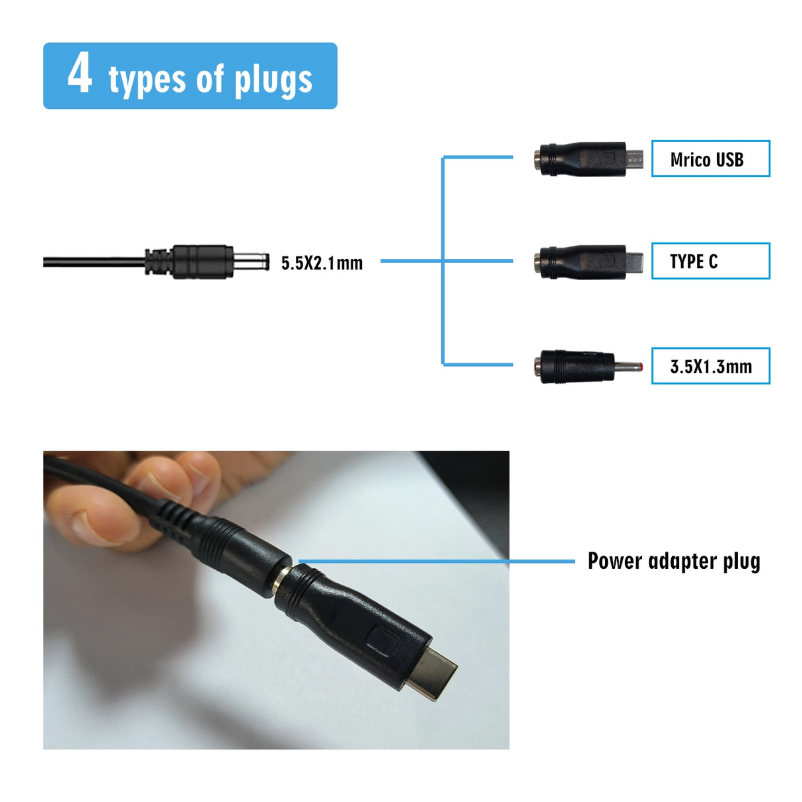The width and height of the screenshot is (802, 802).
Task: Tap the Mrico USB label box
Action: click(x=710, y=159)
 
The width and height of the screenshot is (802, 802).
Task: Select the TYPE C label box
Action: click(x=710, y=261)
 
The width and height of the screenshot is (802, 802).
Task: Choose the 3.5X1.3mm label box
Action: click(x=710, y=366)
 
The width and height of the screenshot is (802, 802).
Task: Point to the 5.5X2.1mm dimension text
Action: click(x=322, y=263)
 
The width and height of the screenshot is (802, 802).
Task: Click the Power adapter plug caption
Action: click(x=674, y=561)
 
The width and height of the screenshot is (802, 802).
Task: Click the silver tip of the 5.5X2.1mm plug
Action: click(x=251, y=262)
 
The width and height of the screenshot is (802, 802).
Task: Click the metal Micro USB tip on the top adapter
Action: click(x=635, y=159)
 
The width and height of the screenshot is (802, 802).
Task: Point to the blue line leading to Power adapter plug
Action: click(x=436, y=562)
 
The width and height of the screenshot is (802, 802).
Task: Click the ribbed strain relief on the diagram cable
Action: click(x=157, y=262)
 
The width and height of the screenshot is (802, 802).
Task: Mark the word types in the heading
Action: click(x=147, y=81)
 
